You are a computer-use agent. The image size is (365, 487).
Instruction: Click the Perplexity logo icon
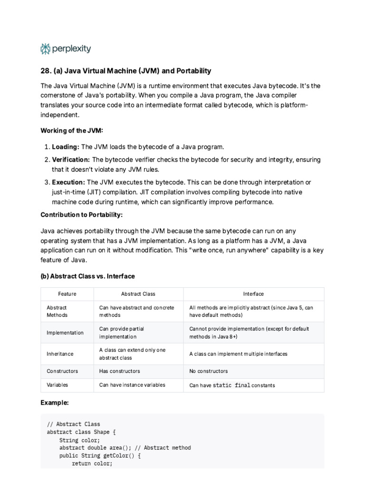pyautogui.click(x=46, y=49)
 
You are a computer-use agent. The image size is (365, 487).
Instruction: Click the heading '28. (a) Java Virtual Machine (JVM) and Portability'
pyautogui.click(x=126, y=71)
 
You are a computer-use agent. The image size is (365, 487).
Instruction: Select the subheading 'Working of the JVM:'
pyautogui.click(x=71, y=130)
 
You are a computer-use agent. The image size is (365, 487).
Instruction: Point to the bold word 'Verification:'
pyautogui.click(x=71, y=159)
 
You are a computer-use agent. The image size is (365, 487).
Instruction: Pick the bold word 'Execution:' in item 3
pyautogui.click(x=68, y=182)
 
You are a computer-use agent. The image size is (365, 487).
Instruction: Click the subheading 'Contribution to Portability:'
pyautogui.click(x=81, y=214)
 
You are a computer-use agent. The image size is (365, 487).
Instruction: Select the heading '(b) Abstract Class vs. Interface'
pyautogui.click(x=87, y=276)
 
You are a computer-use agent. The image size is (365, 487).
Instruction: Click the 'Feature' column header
pyautogui.click(x=67, y=294)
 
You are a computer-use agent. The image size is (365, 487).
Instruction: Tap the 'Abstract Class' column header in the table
pyautogui.click(x=138, y=294)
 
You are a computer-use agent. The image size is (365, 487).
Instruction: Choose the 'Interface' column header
pyautogui.click(x=253, y=294)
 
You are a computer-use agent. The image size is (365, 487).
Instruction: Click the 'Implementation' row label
pyautogui.click(x=65, y=332)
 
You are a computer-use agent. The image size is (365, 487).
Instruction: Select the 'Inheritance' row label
pyautogui.click(x=60, y=354)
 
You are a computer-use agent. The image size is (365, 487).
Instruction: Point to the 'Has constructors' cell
pyautogui.click(x=119, y=371)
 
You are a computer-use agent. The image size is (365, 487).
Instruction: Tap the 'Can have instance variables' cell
pyautogui.click(x=132, y=385)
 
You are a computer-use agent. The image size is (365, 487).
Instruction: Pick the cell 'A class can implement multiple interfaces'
pyautogui.click(x=238, y=354)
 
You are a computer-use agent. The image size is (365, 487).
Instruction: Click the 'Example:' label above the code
pyautogui.click(x=55, y=403)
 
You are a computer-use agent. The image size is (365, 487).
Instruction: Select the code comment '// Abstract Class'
pyautogui.click(x=74, y=424)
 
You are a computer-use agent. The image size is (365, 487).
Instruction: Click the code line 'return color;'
pyautogui.click(x=92, y=464)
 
